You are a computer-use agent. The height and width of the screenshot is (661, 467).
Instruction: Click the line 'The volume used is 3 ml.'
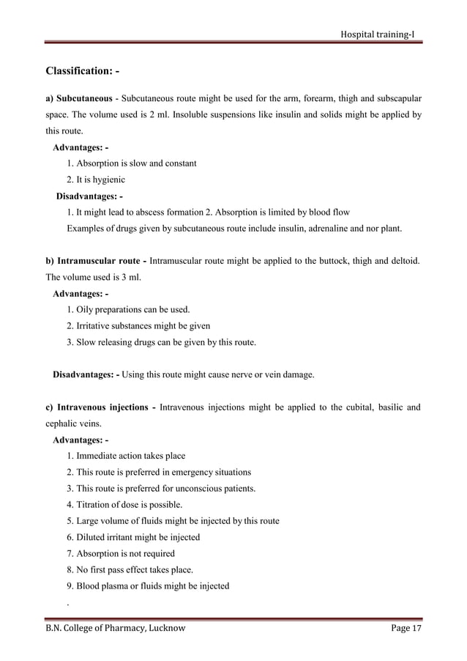point(94,278)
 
